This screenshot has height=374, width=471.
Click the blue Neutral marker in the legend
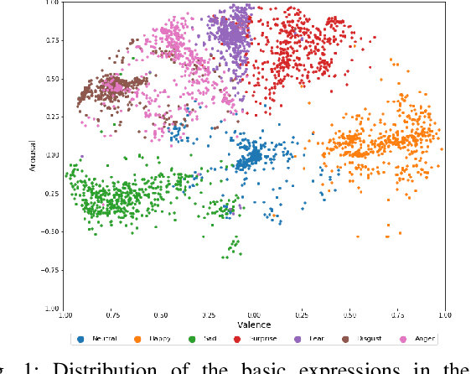[80, 339]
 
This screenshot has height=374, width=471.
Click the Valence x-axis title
[254, 324]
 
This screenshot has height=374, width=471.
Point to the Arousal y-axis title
[32, 155]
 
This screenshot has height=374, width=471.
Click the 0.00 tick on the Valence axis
[254, 314]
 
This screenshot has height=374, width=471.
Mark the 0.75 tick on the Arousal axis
[51, 40]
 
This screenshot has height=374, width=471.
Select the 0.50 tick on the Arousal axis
[51, 79]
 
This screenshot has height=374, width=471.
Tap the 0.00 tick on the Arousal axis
[51, 155]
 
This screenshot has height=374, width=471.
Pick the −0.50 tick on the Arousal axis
[51, 231]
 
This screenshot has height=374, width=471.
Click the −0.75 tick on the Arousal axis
[51, 270]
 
